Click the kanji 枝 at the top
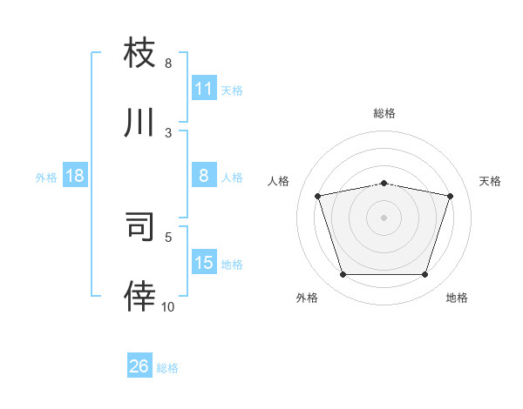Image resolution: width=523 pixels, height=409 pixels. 139,52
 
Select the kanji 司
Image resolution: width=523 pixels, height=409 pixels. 139,226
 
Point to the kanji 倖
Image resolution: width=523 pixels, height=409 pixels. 139,296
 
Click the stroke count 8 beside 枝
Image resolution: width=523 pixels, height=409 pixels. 168,64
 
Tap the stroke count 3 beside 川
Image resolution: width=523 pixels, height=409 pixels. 168,133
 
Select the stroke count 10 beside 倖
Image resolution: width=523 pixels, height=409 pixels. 168,306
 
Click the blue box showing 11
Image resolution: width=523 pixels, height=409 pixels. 204,89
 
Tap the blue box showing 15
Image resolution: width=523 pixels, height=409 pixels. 204,263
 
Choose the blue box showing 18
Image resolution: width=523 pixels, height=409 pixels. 75,176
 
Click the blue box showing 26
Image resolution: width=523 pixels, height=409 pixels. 139,366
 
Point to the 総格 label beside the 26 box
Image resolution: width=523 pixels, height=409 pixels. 167,368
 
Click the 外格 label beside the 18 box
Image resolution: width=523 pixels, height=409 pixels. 46,177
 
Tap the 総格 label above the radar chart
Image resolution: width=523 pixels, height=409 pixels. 384,113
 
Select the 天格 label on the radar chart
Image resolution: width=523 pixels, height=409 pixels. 490,181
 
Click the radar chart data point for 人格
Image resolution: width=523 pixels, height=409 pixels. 318,196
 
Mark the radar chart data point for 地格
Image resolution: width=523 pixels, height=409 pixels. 425,275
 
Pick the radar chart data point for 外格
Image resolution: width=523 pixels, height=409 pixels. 343,275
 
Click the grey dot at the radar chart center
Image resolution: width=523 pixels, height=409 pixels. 384,218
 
